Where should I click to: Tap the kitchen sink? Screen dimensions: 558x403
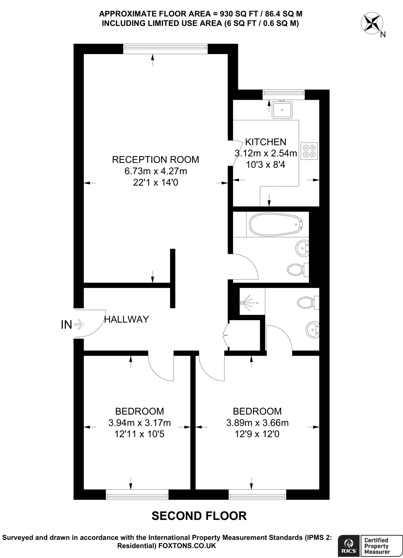[282, 110]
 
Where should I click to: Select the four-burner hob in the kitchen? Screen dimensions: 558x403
[309, 151]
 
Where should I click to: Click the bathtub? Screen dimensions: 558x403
[276, 224]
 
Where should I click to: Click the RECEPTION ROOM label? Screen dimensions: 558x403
[155, 160]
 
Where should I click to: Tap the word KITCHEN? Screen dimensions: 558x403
[266, 142]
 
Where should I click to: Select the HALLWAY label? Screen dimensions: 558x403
[127, 319]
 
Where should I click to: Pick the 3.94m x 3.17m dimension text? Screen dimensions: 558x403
[140, 423]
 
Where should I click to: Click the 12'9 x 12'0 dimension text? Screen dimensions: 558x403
[257, 434]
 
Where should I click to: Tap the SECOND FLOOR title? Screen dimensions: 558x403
[199, 516]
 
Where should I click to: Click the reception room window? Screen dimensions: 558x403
[165, 47]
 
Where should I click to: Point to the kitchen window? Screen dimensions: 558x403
[283, 93]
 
